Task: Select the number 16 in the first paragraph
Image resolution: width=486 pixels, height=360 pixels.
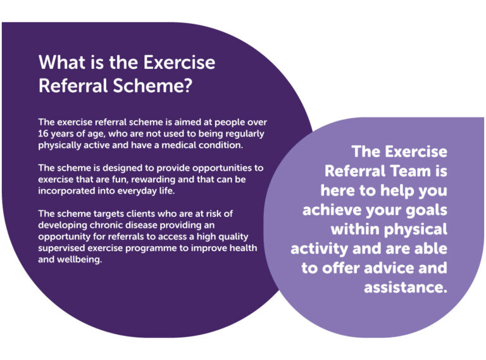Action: click(44, 133)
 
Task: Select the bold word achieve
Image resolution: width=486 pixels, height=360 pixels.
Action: click(340, 209)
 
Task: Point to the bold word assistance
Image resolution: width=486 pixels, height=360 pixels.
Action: click(406, 287)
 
